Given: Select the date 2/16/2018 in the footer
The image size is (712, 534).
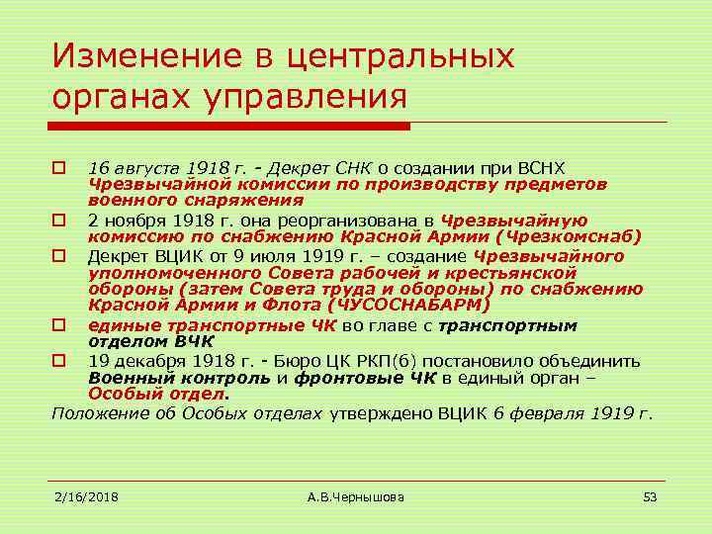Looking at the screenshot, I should pos(86,495).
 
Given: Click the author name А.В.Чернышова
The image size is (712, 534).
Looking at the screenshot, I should pos(356,495).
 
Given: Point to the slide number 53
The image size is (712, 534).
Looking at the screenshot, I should pos(650,495).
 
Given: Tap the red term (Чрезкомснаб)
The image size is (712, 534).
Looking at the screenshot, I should pos(572,237).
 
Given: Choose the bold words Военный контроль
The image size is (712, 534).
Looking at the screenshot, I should pos(178,377).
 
